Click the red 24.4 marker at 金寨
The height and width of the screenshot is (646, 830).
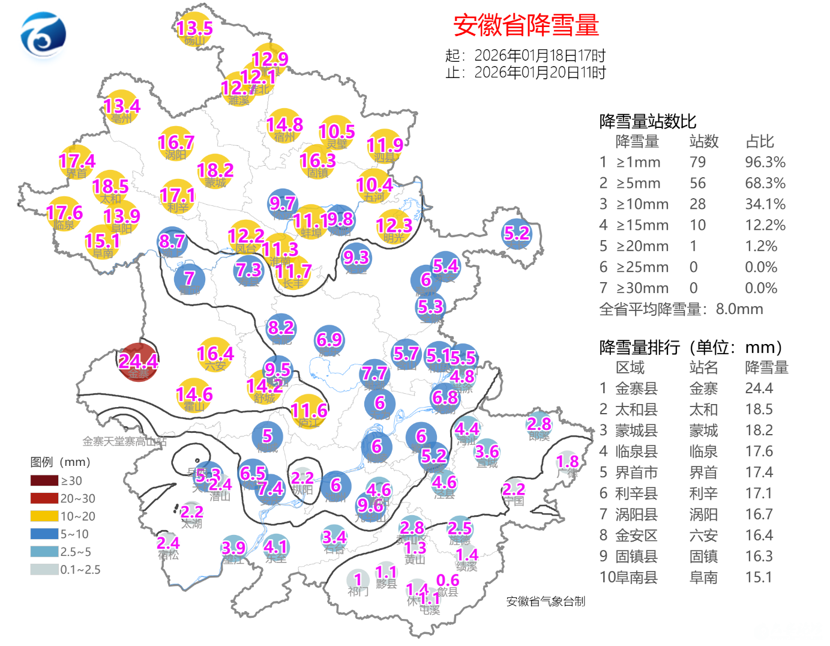pos(138,362)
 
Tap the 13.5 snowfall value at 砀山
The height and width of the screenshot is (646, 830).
pos(194,28)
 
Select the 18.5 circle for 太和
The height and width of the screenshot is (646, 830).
pos(110,187)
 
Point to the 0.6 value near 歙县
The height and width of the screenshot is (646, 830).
pos(448,581)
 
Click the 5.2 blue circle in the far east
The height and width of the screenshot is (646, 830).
pos(517,234)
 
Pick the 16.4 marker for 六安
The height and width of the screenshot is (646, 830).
pos(215,354)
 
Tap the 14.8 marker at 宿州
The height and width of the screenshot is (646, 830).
pos(284,125)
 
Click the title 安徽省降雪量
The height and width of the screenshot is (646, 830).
pos(526,25)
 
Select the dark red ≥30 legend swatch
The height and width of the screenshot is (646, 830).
pos(44,480)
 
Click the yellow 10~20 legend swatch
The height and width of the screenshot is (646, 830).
pos(44,516)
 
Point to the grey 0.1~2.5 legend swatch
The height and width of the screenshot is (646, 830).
pos(44,569)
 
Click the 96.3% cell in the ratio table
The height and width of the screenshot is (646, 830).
pos(765,162)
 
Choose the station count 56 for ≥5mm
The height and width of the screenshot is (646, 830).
pos(697,183)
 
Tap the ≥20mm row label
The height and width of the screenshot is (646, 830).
pos(642,246)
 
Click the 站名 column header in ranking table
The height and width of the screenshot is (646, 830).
pos(703,367)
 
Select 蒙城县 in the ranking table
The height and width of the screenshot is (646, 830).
pos(636,430)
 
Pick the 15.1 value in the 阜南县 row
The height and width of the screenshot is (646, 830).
pos(759,578)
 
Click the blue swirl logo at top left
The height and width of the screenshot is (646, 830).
pos(43,36)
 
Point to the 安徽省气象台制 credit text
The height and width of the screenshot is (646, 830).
pos(546,602)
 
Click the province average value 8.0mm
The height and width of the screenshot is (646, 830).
pos(739,309)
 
